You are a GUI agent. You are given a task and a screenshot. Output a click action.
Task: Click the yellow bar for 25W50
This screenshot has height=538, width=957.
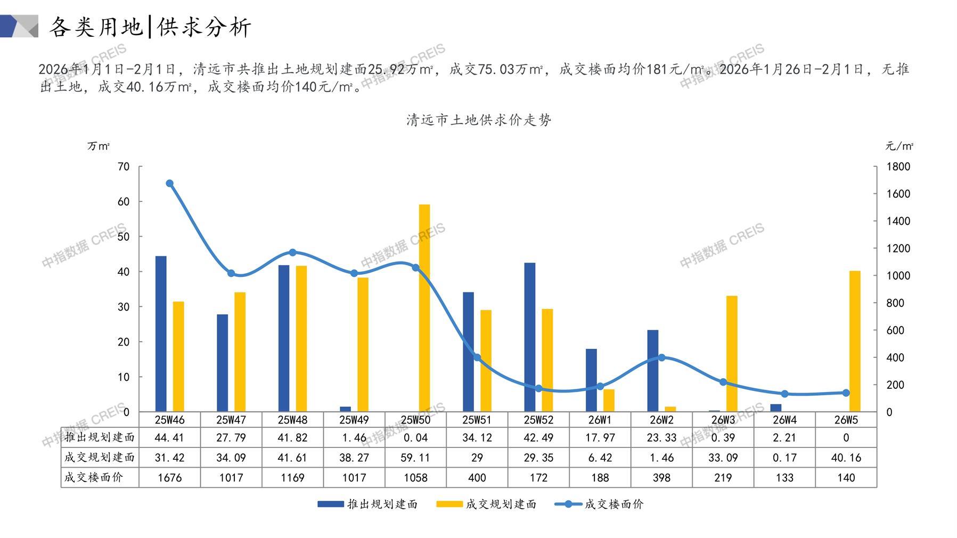(x=424, y=308)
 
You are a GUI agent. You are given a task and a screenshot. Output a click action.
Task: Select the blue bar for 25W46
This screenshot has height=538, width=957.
(x=161, y=334)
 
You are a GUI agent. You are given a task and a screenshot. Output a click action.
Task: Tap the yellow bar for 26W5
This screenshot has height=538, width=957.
(x=855, y=341)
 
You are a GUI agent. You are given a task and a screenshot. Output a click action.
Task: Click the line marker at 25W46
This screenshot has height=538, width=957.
(x=170, y=183)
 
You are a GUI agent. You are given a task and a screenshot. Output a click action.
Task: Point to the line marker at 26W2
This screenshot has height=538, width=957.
(x=661, y=357)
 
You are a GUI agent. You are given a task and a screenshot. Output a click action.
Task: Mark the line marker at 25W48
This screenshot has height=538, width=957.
(x=292, y=252)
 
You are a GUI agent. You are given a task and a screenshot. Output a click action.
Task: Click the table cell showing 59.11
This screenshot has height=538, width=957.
(x=415, y=458)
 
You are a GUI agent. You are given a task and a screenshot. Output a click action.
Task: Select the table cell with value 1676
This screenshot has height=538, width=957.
(x=170, y=478)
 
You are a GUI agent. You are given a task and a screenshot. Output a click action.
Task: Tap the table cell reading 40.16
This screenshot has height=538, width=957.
(x=846, y=458)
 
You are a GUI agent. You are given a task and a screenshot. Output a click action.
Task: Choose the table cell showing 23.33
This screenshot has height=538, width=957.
(x=661, y=438)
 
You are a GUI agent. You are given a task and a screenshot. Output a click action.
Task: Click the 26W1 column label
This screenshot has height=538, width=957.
(x=600, y=420)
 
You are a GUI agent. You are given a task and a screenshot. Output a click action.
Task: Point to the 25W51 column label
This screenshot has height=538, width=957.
(x=477, y=420)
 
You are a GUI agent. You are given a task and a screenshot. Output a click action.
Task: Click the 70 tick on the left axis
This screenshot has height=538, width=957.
(x=124, y=167)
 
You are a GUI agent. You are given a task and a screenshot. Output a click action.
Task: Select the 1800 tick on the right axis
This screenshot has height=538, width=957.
(x=898, y=167)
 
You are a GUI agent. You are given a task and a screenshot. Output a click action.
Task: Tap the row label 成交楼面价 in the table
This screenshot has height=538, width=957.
(x=94, y=477)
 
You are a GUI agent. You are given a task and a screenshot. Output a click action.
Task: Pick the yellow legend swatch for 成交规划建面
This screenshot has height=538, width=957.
(x=449, y=504)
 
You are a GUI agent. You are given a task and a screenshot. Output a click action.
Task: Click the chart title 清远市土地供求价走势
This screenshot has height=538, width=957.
(x=479, y=120)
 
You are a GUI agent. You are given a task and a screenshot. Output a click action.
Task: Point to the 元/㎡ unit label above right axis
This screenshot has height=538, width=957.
(x=899, y=146)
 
